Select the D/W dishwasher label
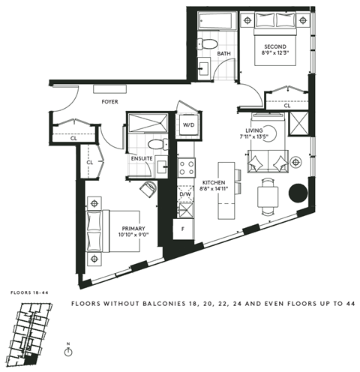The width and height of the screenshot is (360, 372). [184, 195]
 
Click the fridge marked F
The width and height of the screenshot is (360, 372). [183, 226]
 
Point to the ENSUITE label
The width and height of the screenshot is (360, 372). [142, 158]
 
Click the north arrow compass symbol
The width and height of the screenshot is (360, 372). [67, 353]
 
